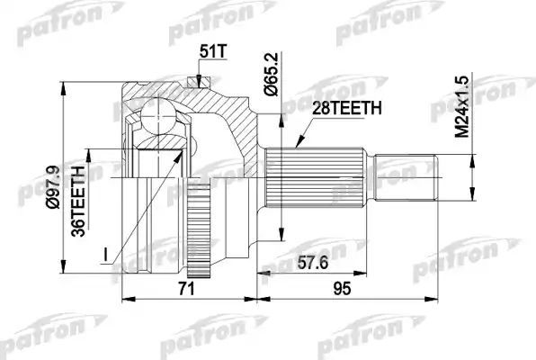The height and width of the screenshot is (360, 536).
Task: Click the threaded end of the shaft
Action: (404, 170)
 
